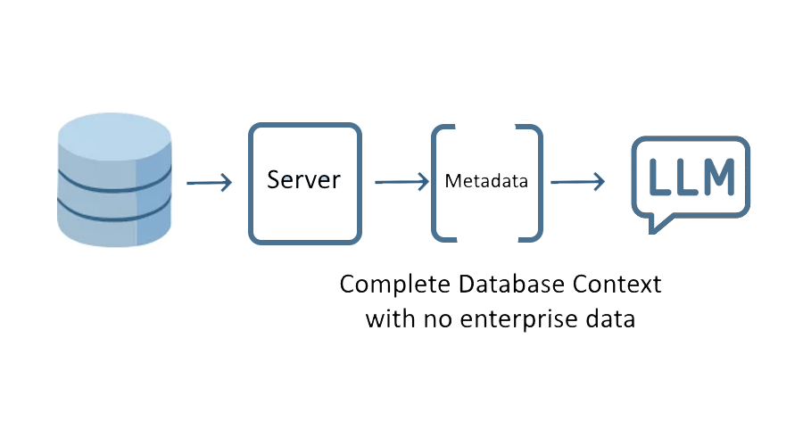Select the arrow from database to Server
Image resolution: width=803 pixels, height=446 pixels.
(209, 183)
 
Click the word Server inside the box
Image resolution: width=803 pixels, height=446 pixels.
(304, 179)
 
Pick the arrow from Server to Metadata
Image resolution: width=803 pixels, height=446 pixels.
(401, 182)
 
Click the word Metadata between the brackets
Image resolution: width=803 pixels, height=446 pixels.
(486, 181)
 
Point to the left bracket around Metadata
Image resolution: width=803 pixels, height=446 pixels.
(438, 182)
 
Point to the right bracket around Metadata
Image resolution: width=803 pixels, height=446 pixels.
(535, 182)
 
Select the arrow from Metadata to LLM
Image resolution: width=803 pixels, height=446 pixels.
(577, 182)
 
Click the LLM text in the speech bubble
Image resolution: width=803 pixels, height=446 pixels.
(691, 177)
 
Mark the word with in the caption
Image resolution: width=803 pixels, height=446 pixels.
(388, 318)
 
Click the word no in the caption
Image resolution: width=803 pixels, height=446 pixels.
(435, 319)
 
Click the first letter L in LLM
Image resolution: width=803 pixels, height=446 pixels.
(659, 177)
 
